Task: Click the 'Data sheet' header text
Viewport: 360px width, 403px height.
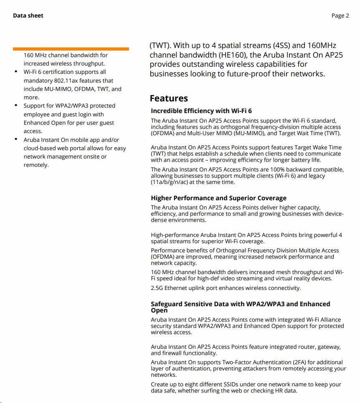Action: (x=28, y=16)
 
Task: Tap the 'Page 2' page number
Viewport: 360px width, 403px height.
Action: (x=340, y=16)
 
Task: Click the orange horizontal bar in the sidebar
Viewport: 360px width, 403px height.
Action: (x=71, y=49)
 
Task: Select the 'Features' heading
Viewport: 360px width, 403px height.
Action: (x=169, y=98)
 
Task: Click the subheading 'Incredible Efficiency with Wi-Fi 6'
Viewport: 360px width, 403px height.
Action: (x=201, y=111)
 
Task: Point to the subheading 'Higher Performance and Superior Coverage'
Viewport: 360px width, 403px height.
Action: (x=218, y=198)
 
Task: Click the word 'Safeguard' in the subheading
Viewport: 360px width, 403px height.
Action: (x=166, y=304)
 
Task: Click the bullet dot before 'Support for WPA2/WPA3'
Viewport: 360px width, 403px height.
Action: (x=16, y=105)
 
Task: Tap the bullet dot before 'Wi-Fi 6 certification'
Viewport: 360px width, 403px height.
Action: (x=16, y=72)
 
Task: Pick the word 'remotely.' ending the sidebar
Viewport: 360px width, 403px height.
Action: (x=36, y=165)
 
